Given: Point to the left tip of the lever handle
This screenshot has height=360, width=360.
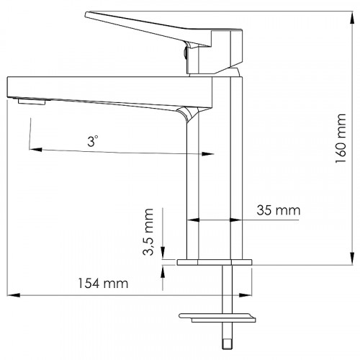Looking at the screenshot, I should pyautogui.click(x=87, y=14).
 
